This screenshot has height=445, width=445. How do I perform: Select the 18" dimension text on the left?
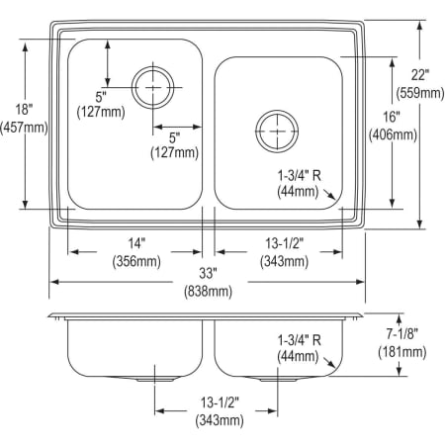pos(24,108)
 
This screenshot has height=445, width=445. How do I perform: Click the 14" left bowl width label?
pos(135,243)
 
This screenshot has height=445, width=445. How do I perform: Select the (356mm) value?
pos(135,261)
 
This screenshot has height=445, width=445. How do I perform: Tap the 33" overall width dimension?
pos(208,274)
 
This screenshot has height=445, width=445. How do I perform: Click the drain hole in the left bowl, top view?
pos(152,87)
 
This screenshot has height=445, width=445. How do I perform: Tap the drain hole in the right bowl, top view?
pos(276,131)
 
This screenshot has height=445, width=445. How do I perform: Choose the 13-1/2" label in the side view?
pos(216,403)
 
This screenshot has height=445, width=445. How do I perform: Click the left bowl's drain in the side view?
pos(152,378)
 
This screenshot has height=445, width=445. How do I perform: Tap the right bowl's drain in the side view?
pos(276,378)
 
